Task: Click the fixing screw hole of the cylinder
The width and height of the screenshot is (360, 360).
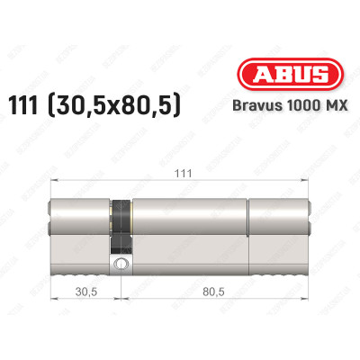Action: [120, 265]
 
